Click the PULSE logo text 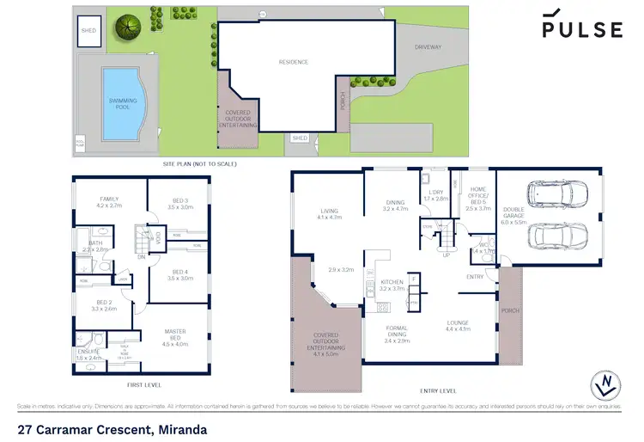581,30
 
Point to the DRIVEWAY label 428,47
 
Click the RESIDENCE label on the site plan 293,62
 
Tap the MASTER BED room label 176,335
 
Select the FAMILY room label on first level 110,201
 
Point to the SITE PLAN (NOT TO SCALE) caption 198,163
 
